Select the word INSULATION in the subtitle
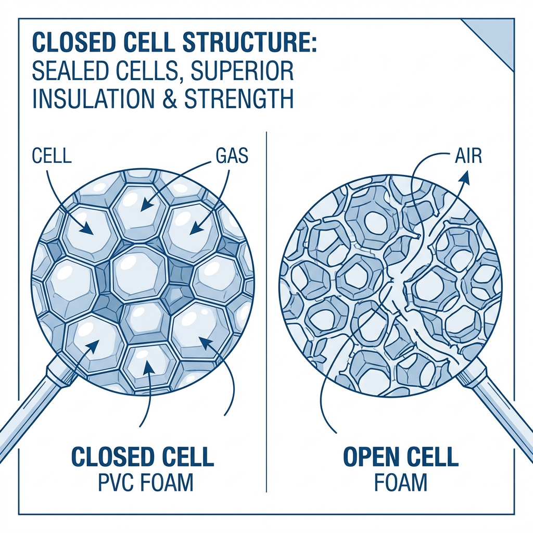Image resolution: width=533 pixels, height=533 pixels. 94,99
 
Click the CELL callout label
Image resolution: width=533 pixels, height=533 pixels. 52,156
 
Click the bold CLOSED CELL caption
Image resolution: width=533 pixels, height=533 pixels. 143,458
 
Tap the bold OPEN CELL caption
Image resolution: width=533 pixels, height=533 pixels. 401,458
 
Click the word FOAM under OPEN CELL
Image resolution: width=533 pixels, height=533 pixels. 401,483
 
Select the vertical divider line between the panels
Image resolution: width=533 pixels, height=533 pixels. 266,312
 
